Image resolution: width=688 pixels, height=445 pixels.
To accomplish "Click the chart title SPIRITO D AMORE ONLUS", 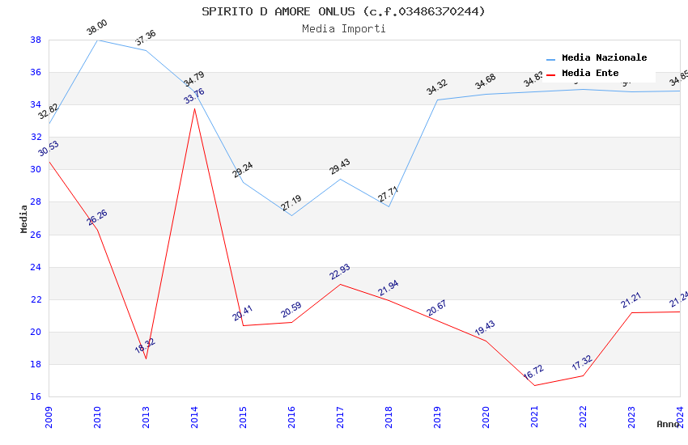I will (343, 11).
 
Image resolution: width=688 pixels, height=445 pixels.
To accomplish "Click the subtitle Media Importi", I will (343, 28).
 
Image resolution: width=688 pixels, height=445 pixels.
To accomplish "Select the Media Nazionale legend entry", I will (604, 58).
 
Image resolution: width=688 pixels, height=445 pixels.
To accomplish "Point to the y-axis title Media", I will (24, 218).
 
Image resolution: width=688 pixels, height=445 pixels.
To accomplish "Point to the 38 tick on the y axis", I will (36, 40).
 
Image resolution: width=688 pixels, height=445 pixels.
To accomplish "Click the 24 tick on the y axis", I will (36, 267).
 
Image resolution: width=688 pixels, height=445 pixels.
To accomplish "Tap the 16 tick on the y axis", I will (36, 396).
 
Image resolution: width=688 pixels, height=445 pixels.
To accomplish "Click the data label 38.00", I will (97, 28).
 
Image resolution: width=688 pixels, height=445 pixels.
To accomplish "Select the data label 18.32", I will (145, 346).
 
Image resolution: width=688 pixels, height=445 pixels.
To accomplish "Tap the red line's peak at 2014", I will (194, 108).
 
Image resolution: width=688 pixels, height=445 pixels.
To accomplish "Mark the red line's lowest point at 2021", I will (534, 385).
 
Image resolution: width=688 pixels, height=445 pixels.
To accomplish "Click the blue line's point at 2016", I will (291, 215).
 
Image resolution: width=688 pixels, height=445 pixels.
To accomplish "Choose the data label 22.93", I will (340, 272).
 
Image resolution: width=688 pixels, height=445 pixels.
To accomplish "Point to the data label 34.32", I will (437, 87).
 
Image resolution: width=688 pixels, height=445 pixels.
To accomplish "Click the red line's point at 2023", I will (631, 312).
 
